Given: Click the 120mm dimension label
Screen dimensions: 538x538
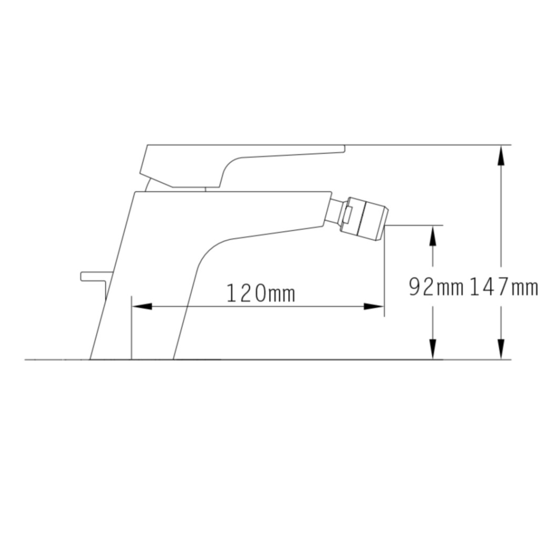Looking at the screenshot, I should pyautogui.click(x=261, y=293).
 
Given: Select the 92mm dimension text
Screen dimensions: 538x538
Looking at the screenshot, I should pyautogui.click(x=436, y=287).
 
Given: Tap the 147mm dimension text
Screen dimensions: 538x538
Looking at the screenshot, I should pyautogui.click(x=503, y=287).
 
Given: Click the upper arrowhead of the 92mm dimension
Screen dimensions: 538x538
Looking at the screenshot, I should pyautogui.click(x=432, y=236).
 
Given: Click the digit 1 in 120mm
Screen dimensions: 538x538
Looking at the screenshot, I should pyautogui.click(x=232, y=293).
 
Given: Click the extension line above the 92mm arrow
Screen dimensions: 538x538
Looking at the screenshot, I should pyautogui.click(x=415, y=225).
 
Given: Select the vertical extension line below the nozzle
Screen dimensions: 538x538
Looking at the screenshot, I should pyautogui.click(x=385, y=273).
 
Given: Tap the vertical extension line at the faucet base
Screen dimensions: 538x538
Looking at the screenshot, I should pyautogui.click(x=131, y=328).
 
